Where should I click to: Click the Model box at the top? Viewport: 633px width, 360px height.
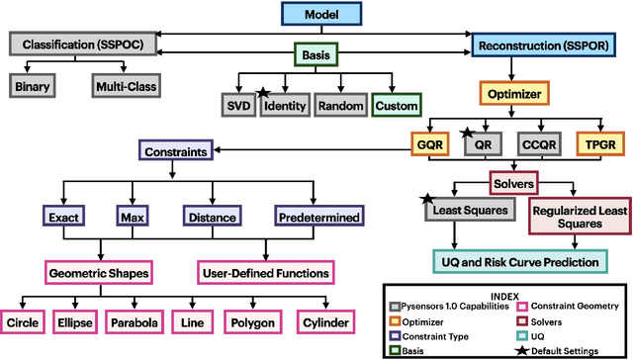pos(316,14)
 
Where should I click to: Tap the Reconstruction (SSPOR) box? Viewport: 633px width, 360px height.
pos(541,45)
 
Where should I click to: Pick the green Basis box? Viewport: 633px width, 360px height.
pos(316,57)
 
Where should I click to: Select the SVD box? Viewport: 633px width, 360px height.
pos(236,106)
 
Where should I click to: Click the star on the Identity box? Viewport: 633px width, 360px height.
pos(264,94)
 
